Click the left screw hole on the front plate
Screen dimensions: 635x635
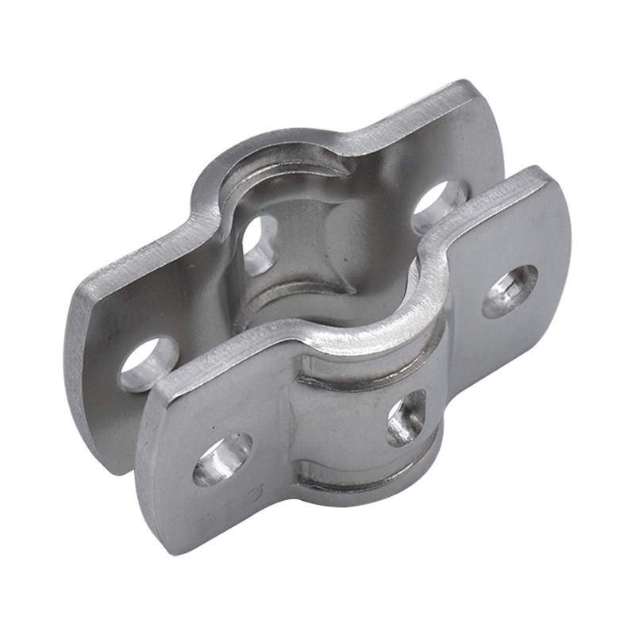[x=222, y=458]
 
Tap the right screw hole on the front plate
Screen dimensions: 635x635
[x=510, y=291]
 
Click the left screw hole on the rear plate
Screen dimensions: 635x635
[x=148, y=364]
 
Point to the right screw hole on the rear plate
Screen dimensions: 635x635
[x=438, y=204]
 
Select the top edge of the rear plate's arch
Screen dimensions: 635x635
[x=278, y=143]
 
